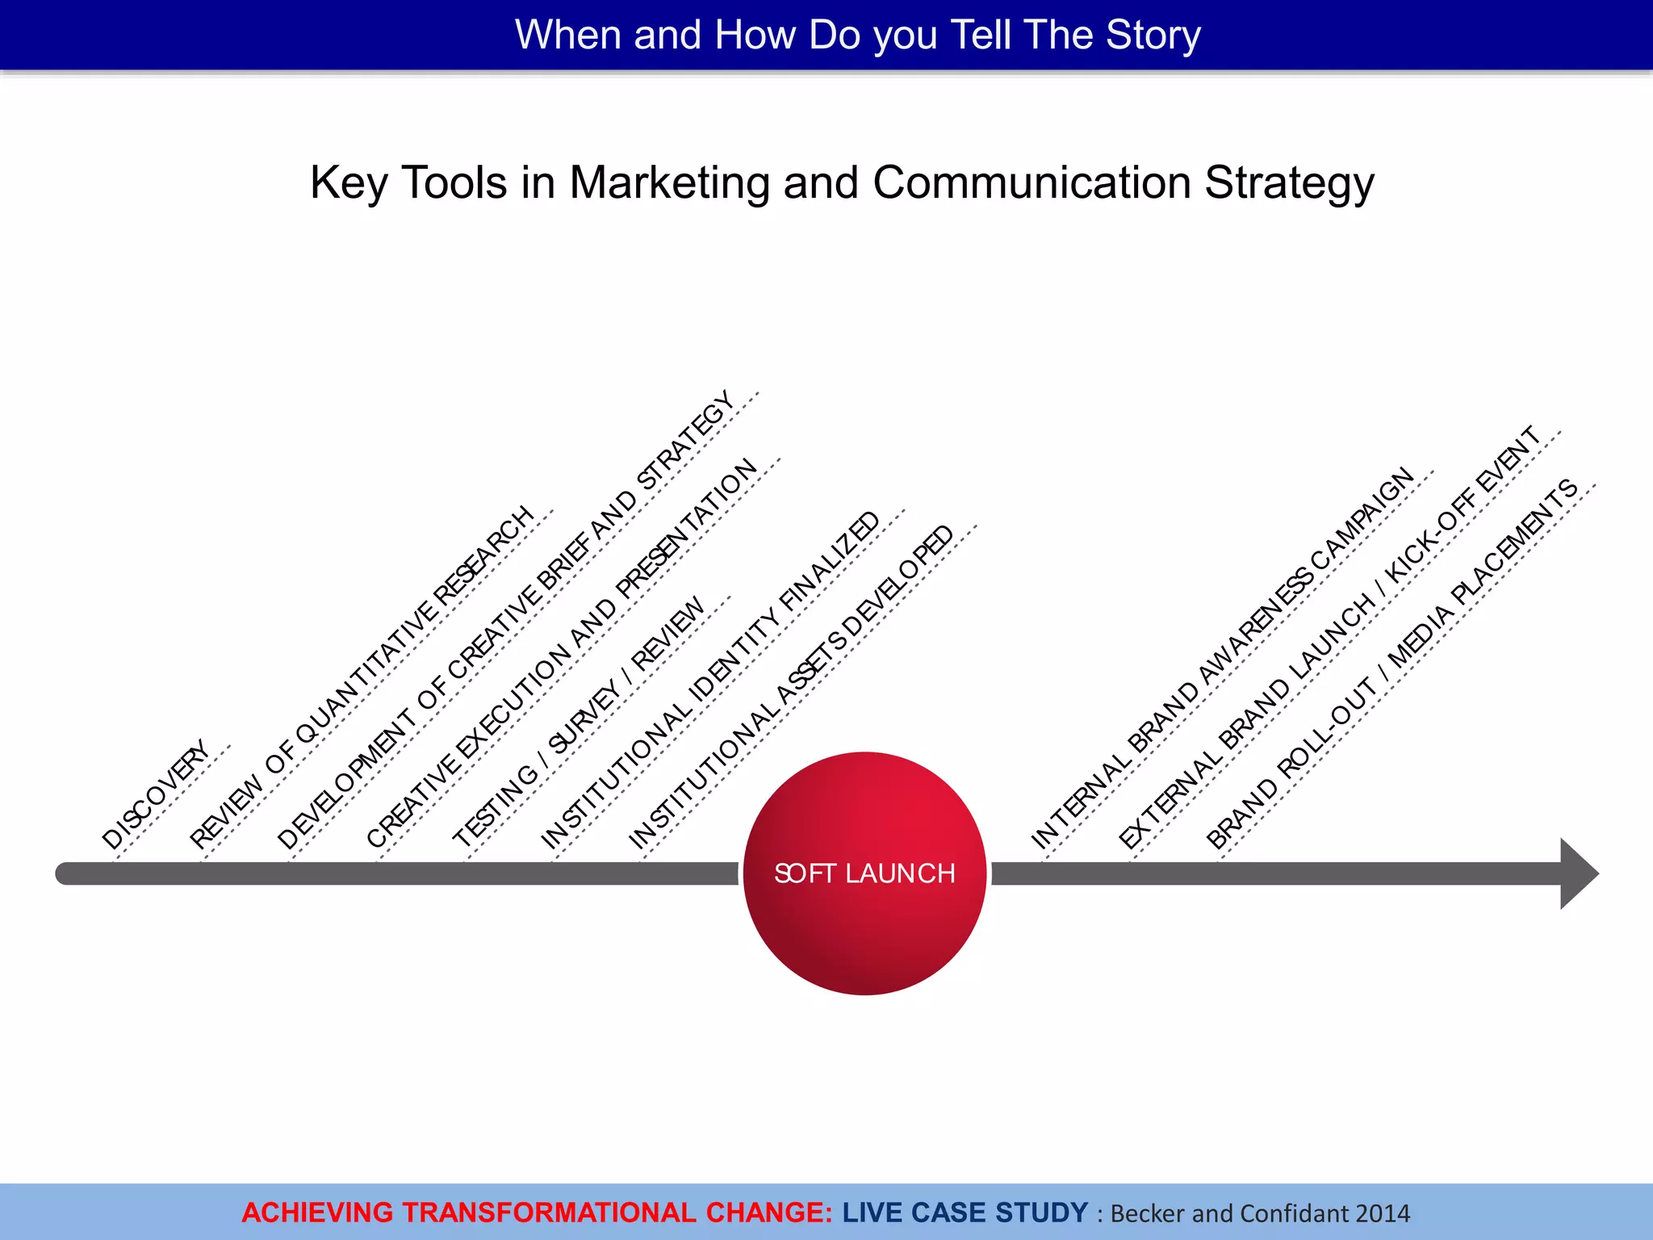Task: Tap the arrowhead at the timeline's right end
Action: pos(1577,873)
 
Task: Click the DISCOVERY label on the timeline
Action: pos(155,794)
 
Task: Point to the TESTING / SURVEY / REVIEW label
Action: pos(579,722)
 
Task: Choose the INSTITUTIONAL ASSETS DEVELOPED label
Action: pos(791,687)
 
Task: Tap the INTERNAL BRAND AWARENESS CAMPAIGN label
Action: pos(1224,657)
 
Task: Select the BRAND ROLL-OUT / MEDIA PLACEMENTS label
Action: pos(1392,664)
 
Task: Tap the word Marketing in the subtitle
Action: pos(669,182)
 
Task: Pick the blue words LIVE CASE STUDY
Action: pos(965,1213)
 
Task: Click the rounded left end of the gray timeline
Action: pos(65,873)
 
